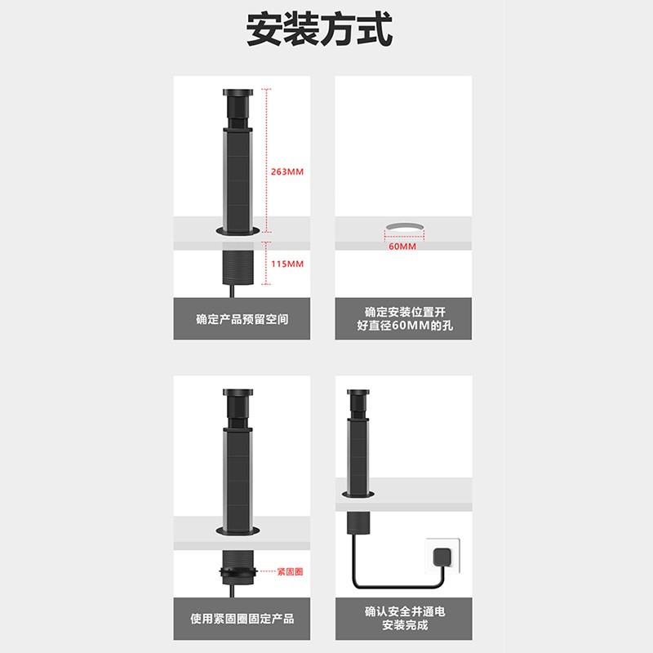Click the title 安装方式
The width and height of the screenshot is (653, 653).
[x=320, y=31]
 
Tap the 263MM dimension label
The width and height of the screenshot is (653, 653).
[x=288, y=171]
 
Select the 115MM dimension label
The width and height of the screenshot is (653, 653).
[x=288, y=264]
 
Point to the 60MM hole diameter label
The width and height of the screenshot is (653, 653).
[x=402, y=246]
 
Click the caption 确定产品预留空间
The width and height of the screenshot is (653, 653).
[x=242, y=319]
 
